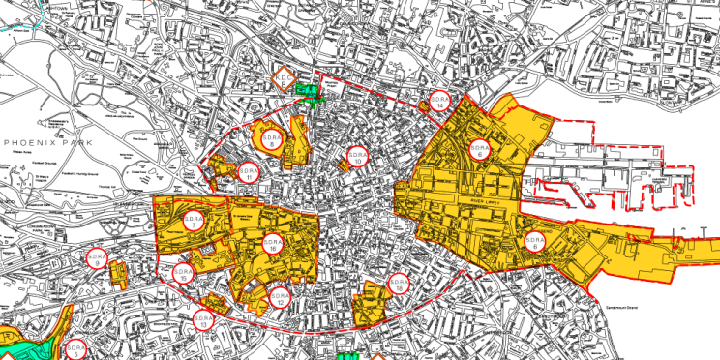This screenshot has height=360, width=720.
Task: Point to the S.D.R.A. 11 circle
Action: click(x=250, y=173)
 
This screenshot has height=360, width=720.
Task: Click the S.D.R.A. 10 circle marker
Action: click(x=357, y=158)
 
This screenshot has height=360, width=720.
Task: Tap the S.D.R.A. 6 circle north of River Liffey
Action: click(x=479, y=150)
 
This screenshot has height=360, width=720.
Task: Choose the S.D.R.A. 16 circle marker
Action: click(x=273, y=246)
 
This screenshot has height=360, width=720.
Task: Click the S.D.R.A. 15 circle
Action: click(x=182, y=273)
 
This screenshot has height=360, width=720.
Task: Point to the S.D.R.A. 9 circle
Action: click(x=96, y=258)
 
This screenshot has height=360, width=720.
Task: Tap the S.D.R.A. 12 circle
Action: click(x=279, y=298)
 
